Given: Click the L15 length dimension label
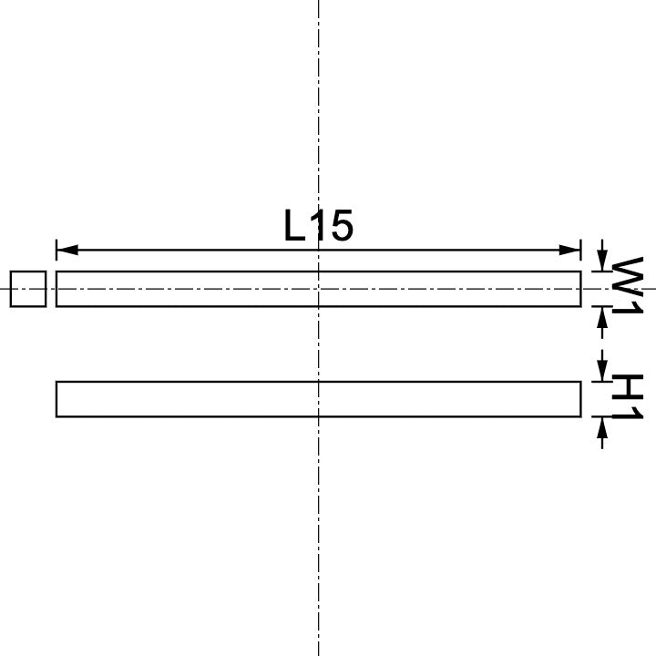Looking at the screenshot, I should pos(318,226).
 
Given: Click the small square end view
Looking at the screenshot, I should pos(27,289).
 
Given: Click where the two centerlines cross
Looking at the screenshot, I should pos(318,289).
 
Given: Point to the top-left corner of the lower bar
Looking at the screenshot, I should pos(56,382).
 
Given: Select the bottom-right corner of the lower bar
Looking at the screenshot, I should pos(580,416).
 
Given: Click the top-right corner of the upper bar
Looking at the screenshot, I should pos(580,272).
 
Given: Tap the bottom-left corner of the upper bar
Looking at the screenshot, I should pos(56,306).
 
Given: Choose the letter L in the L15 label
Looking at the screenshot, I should pos(294,226).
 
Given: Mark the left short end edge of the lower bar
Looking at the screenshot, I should pos(56,399).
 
